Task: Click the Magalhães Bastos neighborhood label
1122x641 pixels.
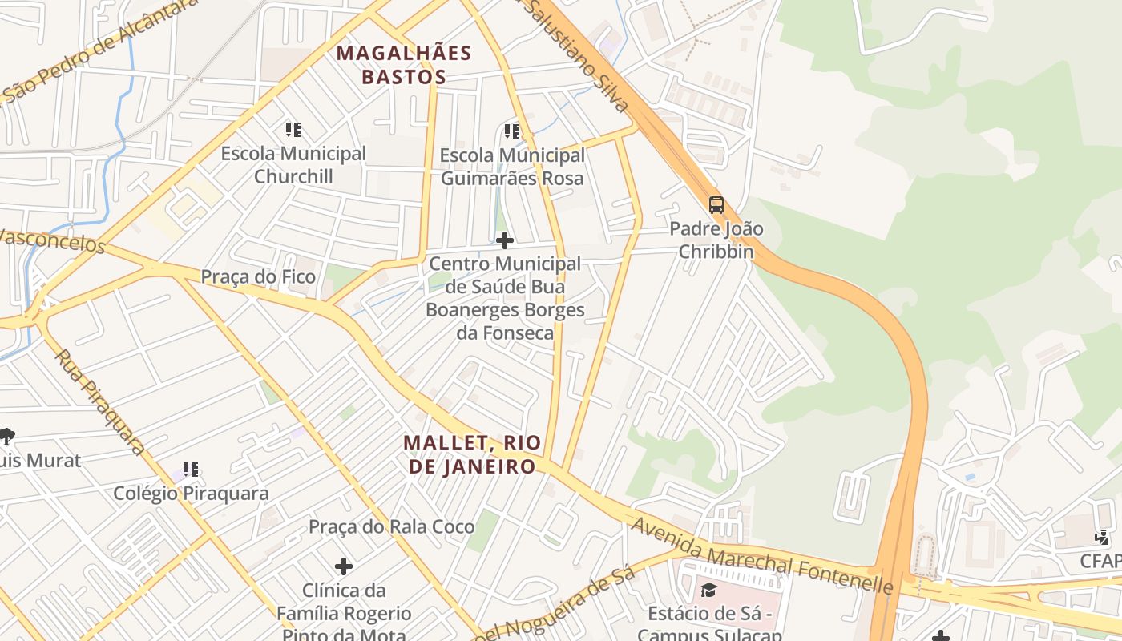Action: (x=403, y=65)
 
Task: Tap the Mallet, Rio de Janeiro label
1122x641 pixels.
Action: (x=472, y=454)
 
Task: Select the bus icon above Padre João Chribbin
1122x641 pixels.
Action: (x=716, y=205)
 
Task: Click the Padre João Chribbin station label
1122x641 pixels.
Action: (x=716, y=240)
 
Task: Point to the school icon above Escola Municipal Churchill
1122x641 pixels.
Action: (x=293, y=129)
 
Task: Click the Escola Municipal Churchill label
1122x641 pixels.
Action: (x=293, y=164)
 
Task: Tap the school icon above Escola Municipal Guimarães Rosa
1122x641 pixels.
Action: (x=512, y=131)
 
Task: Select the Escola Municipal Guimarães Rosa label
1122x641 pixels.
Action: (x=512, y=166)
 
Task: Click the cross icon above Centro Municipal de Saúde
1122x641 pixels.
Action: (x=505, y=240)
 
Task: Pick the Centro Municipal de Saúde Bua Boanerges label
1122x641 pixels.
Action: (x=505, y=297)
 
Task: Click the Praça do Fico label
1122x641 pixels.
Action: (x=258, y=276)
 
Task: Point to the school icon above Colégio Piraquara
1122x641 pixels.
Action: (x=190, y=470)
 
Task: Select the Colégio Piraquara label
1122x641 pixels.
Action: (x=191, y=493)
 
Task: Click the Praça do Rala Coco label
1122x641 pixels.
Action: (x=391, y=526)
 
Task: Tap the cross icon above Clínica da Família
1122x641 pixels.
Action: (x=344, y=566)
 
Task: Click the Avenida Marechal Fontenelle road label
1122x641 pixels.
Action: (x=761, y=556)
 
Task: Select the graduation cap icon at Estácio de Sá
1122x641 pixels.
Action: (x=708, y=591)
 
